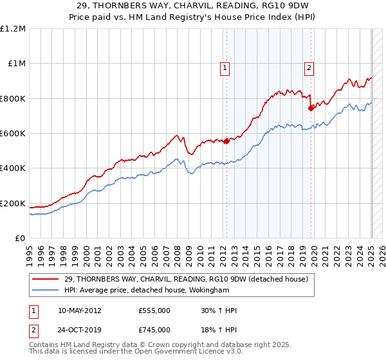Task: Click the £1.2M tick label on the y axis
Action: (12, 28)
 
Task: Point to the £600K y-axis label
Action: (12, 134)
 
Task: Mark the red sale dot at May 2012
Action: (226, 141)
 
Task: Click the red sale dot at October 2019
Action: (311, 108)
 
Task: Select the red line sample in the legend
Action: (46, 279)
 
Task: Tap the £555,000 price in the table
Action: (154, 310)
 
